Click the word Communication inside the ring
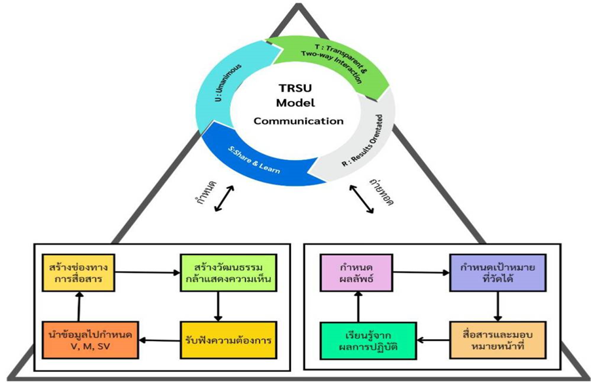pos(298,121)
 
